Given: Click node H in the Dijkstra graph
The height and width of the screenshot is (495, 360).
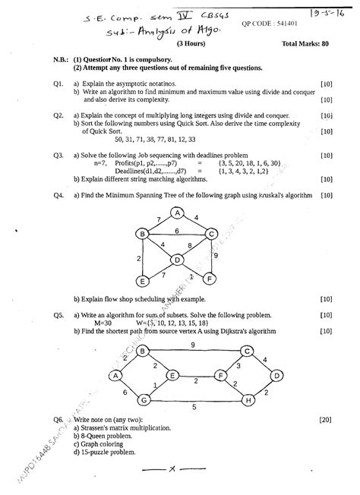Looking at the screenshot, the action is (x=248, y=399).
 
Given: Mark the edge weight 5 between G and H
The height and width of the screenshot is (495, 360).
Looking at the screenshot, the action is (x=194, y=408).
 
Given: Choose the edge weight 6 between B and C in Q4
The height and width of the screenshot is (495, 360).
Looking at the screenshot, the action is (x=176, y=230).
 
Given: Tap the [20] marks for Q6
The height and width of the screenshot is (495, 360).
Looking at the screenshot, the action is (x=326, y=419).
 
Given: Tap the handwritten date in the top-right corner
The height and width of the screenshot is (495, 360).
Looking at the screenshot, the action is (x=331, y=12).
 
